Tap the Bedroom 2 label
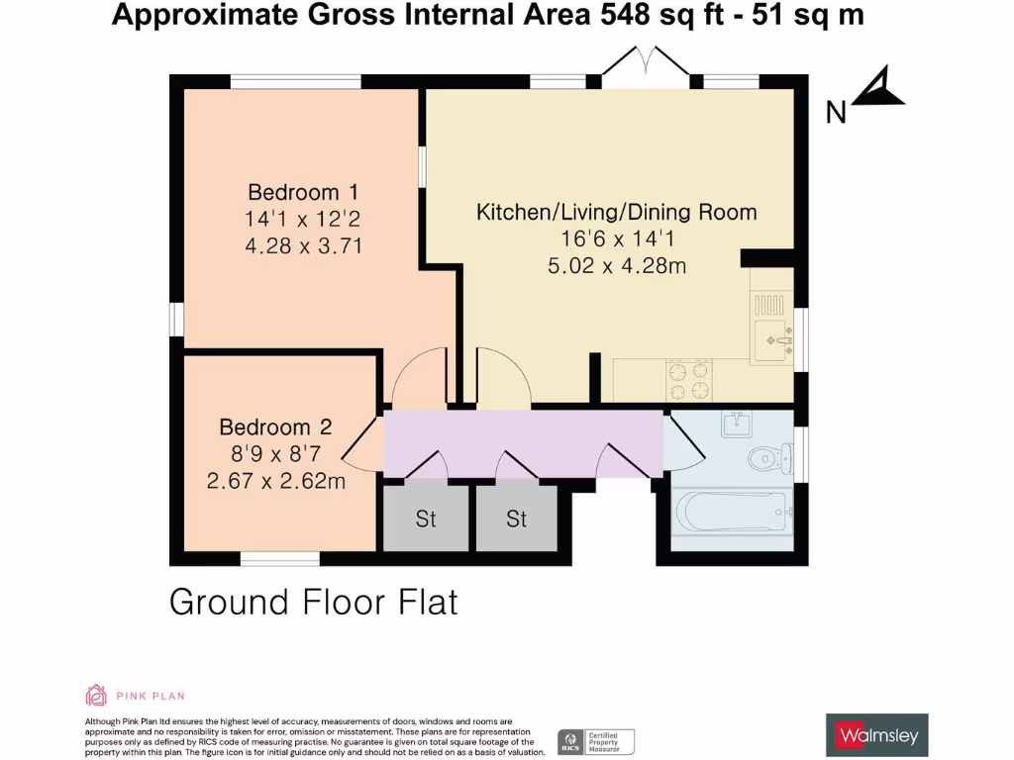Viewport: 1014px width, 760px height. click(x=275, y=427)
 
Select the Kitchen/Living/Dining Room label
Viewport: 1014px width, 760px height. click(x=616, y=212)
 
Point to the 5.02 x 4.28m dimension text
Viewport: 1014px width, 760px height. click(x=616, y=266)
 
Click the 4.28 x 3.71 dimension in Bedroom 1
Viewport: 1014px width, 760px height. click(x=302, y=244)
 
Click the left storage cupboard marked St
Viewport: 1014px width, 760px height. click(x=426, y=519)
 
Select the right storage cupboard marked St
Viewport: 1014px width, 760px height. click(x=516, y=519)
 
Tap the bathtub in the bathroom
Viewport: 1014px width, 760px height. click(x=731, y=512)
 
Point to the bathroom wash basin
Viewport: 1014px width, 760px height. click(x=736, y=425)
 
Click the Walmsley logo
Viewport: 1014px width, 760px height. click(x=877, y=735)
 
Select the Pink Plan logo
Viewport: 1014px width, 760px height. click(x=136, y=696)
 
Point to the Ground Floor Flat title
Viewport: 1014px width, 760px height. click(x=314, y=602)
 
